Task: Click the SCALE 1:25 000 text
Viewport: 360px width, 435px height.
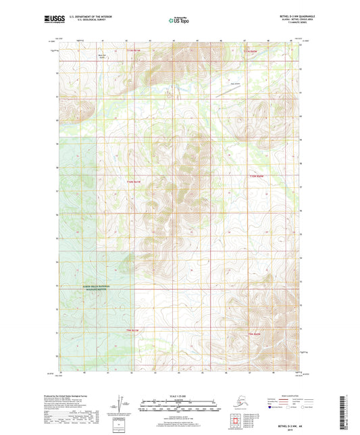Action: click(x=180, y=395)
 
